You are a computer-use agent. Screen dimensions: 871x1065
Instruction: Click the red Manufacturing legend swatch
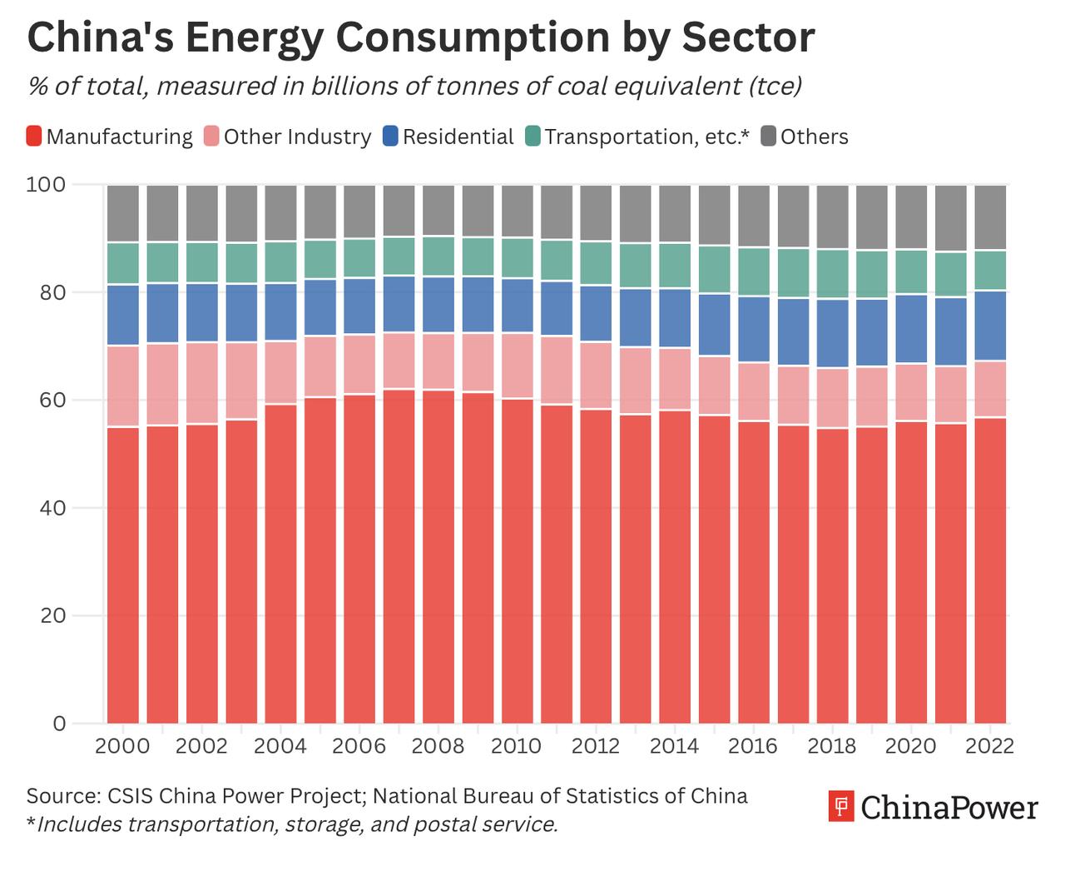34,137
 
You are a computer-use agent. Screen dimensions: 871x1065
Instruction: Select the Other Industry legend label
297,137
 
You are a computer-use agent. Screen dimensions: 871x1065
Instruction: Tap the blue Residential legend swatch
391,137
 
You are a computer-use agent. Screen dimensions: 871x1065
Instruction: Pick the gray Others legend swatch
769,137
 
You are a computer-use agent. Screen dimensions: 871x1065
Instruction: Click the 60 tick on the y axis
51,400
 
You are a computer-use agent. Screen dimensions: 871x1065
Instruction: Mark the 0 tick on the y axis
58,724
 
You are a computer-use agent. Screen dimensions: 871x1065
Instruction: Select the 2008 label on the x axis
438,745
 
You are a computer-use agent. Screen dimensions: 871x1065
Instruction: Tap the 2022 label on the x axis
989,745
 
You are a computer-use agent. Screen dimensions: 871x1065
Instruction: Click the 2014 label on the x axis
674,745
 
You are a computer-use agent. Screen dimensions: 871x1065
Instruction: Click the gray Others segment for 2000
123,213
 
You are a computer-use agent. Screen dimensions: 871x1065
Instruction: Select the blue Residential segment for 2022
990,326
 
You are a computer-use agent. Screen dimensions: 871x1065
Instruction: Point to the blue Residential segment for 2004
281,312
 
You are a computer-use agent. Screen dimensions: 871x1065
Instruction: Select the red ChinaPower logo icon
841,807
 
